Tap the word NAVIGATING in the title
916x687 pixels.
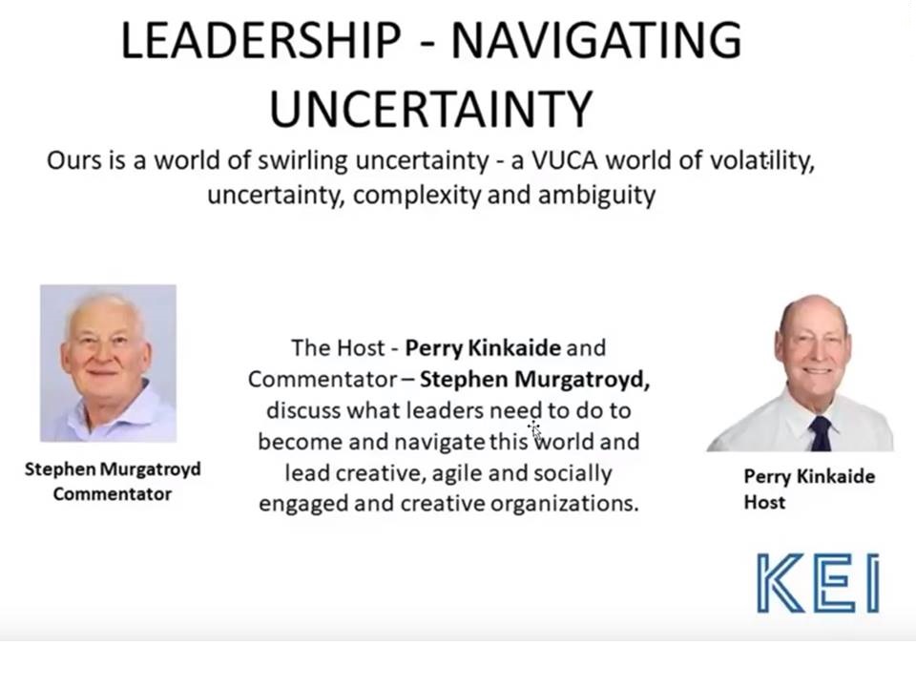pyautogui.click(x=596, y=40)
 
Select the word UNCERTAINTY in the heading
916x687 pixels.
pyautogui.click(x=431, y=109)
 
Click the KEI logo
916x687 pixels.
pyautogui.click(x=818, y=582)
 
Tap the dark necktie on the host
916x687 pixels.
pyautogui.click(x=821, y=433)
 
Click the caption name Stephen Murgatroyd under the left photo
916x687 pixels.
pyautogui.click(x=113, y=469)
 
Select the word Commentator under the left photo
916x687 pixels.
pyautogui.click(x=113, y=494)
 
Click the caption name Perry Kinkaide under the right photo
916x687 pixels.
pyautogui.click(x=809, y=477)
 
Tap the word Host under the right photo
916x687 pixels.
pyautogui.click(x=764, y=503)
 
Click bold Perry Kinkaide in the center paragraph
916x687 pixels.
pyautogui.click(x=483, y=348)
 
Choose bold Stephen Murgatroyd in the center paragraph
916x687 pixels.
pyautogui.click(x=534, y=380)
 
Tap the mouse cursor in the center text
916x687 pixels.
pyautogui.click(x=534, y=429)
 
